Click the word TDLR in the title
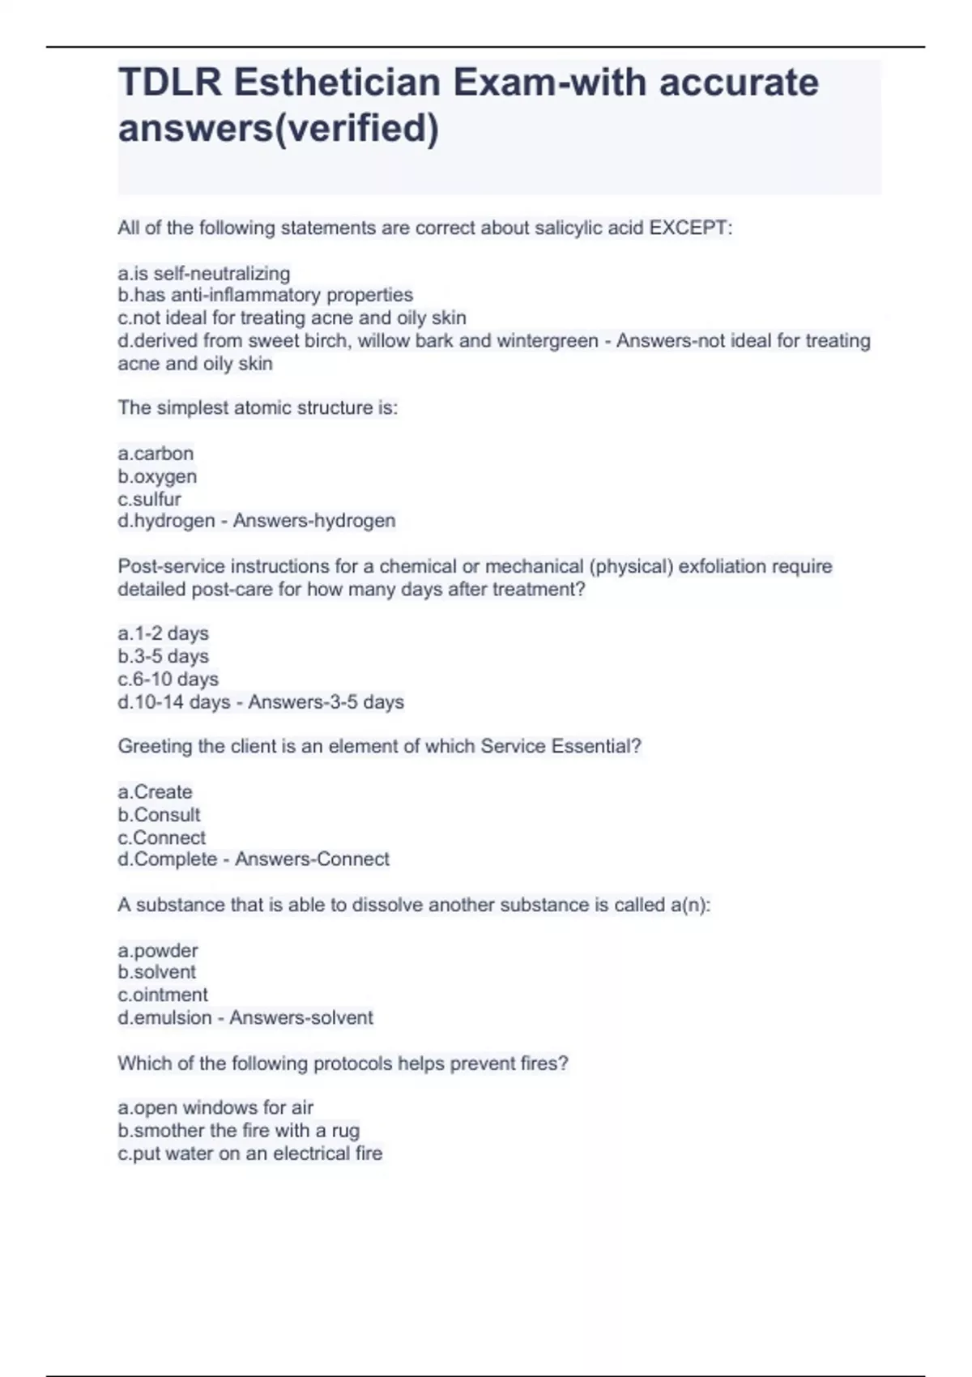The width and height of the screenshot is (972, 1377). [x=169, y=83]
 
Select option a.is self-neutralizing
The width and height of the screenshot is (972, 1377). [x=204, y=274]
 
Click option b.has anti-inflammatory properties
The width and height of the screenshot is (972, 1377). [x=265, y=295]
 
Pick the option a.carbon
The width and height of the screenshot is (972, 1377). [x=156, y=454]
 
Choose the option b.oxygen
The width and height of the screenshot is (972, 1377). [x=157, y=476]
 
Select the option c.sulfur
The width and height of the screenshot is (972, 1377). [x=149, y=499]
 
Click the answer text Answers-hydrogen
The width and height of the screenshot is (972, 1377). [x=314, y=521]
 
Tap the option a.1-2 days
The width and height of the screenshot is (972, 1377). [x=163, y=633]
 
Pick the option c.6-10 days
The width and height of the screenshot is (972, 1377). [x=168, y=679]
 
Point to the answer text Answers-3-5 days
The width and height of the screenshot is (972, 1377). [x=326, y=702]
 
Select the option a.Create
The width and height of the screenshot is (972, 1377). [x=155, y=792]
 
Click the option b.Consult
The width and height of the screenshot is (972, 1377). [x=159, y=815]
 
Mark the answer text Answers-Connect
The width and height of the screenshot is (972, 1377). [x=312, y=859]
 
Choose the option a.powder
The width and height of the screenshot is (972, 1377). [x=158, y=950]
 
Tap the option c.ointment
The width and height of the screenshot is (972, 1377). [x=163, y=995]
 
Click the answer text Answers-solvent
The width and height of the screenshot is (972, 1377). [x=301, y=1018]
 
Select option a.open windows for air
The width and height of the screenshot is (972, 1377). [x=215, y=1107]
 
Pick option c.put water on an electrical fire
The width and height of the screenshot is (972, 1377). [x=249, y=1153]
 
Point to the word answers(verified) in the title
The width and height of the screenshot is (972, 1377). [x=279, y=128]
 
